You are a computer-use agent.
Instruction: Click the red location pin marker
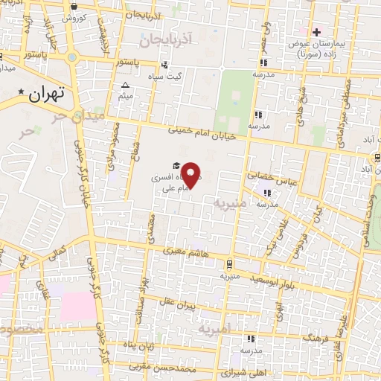pyautogui.click(x=191, y=174)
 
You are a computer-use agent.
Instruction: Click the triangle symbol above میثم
pyautogui.click(x=125, y=85)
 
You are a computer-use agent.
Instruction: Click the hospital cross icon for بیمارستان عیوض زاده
pyautogui.click(x=317, y=32)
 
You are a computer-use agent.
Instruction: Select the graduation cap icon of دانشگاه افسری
pyautogui.click(x=176, y=166)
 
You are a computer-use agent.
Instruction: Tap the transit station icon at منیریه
pyautogui.click(x=229, y=263)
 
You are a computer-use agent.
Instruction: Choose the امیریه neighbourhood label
pyautogui.click(x=214, y=328)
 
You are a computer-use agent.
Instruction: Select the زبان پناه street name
pyautogui.click(x=139, y=346)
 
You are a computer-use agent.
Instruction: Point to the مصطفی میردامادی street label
pyautogui.click(x=333, y=100)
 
